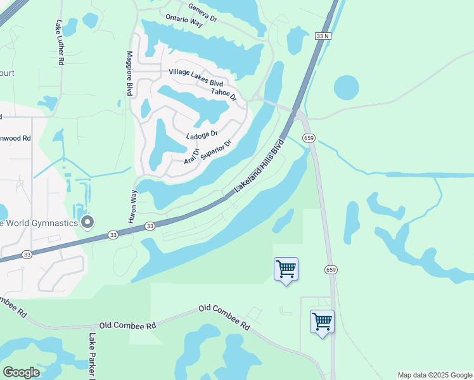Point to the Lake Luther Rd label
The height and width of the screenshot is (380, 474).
[x=60, y=43]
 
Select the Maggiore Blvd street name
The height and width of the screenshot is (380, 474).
[x=129, y=73]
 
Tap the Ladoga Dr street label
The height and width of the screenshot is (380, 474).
[x=202, y=135]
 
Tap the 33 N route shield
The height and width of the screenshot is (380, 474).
[x=322, y=36]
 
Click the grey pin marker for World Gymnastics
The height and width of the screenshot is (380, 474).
[x=88, y=222]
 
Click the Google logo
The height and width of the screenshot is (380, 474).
[x=21, y=372]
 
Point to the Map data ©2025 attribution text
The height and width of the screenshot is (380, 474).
[x=434, y=375]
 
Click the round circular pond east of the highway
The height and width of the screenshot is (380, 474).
[x=346, y=87]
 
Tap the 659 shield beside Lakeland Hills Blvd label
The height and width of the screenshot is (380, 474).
[x=309, y=138]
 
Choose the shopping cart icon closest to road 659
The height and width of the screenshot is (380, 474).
[x=322, y=321]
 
